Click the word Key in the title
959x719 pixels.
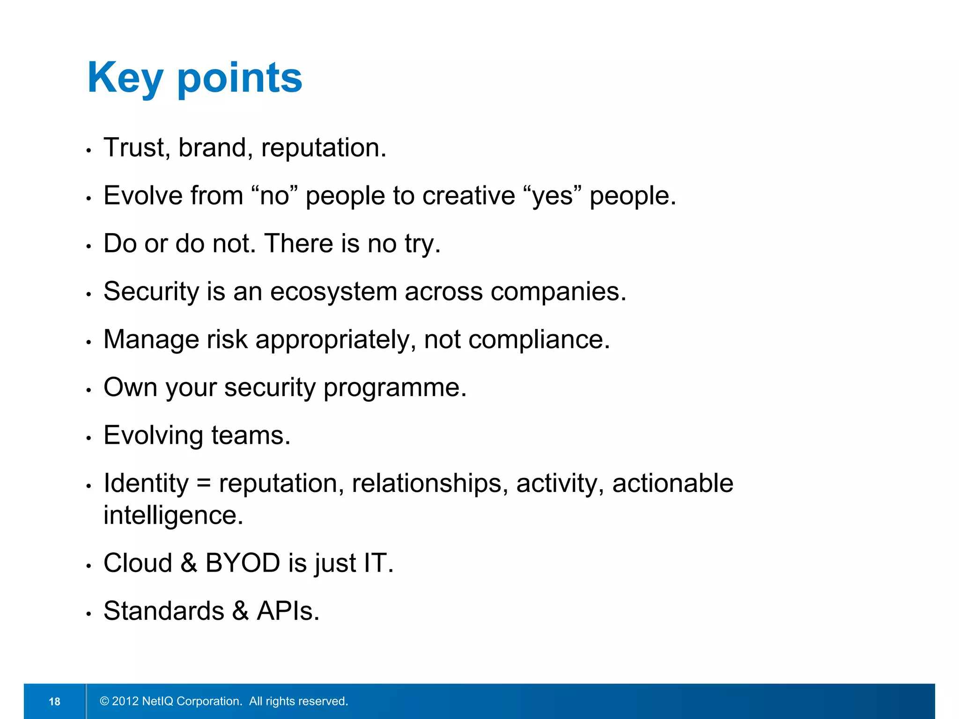coord(125,78)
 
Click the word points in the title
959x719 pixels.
coord(240,78)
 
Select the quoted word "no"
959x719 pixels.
coord(274,196)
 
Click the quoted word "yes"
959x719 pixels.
coord(553,196)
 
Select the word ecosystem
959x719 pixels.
coord(333,292)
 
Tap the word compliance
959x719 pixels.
coord(539,339)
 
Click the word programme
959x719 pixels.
coord(395,388)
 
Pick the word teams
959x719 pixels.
coord(251,435)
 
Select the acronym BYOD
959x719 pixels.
coord(243,563)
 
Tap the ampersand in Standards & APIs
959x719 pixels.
coord(240,611)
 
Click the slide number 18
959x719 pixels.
coord(54,701)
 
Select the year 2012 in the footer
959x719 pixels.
coord(125,701)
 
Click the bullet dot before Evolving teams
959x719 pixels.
coord(88,438)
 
